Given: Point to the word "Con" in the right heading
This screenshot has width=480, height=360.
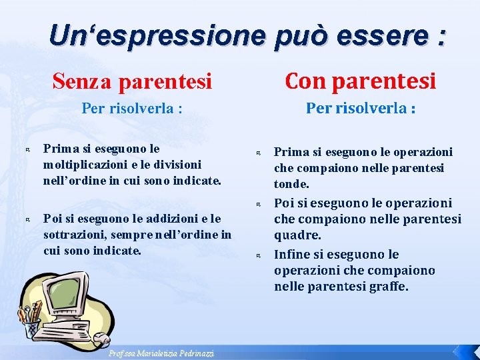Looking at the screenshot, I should [305, 81].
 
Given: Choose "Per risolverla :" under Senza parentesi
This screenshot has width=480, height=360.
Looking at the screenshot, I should [132, 108].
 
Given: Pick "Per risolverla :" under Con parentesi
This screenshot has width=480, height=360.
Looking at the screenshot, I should [361, 108].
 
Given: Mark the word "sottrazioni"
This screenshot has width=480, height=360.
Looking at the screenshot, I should [71, 235].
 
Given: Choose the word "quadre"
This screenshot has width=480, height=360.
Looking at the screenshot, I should [296, 235].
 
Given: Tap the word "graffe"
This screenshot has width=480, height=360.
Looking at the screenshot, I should [386, 287].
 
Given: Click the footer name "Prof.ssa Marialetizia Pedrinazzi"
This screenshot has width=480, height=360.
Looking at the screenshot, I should [162, 353].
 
